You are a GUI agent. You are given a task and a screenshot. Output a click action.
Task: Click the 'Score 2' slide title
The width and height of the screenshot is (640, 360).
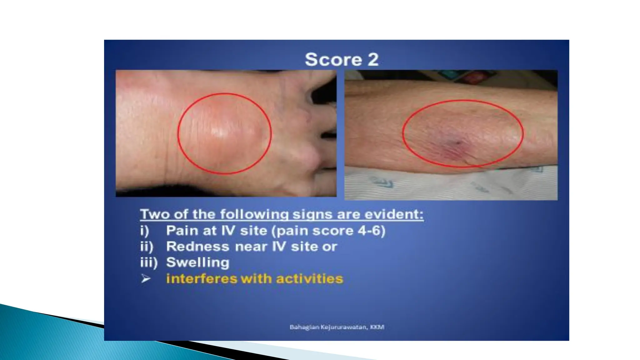coord(342,59)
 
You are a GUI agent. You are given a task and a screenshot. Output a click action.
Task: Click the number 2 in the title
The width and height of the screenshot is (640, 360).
coord(373,59)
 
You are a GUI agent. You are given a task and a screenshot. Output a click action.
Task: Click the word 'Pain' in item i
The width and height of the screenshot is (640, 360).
coord(182,231)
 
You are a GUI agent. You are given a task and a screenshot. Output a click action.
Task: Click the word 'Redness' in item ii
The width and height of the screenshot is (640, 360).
coord(197,247)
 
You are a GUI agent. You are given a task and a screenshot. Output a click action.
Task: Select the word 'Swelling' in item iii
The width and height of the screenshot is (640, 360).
coord(197,262)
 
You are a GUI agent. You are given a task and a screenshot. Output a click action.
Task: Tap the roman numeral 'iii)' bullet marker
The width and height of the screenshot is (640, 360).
coord(148,262)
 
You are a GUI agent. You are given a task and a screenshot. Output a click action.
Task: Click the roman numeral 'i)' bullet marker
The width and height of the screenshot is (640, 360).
coord(144,231)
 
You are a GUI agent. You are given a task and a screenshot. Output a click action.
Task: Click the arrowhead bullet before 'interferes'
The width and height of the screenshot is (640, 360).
coord(146,278)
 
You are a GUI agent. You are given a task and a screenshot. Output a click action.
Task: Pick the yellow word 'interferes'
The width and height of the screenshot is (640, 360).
coord(202,278)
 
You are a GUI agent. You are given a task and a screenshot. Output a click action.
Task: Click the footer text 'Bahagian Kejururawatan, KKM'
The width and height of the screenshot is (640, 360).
coord(337,327)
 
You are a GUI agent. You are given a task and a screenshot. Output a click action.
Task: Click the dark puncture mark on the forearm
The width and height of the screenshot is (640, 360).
coord(458,143)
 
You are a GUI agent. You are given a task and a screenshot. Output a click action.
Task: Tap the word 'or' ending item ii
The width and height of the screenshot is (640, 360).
coord(331,247)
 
